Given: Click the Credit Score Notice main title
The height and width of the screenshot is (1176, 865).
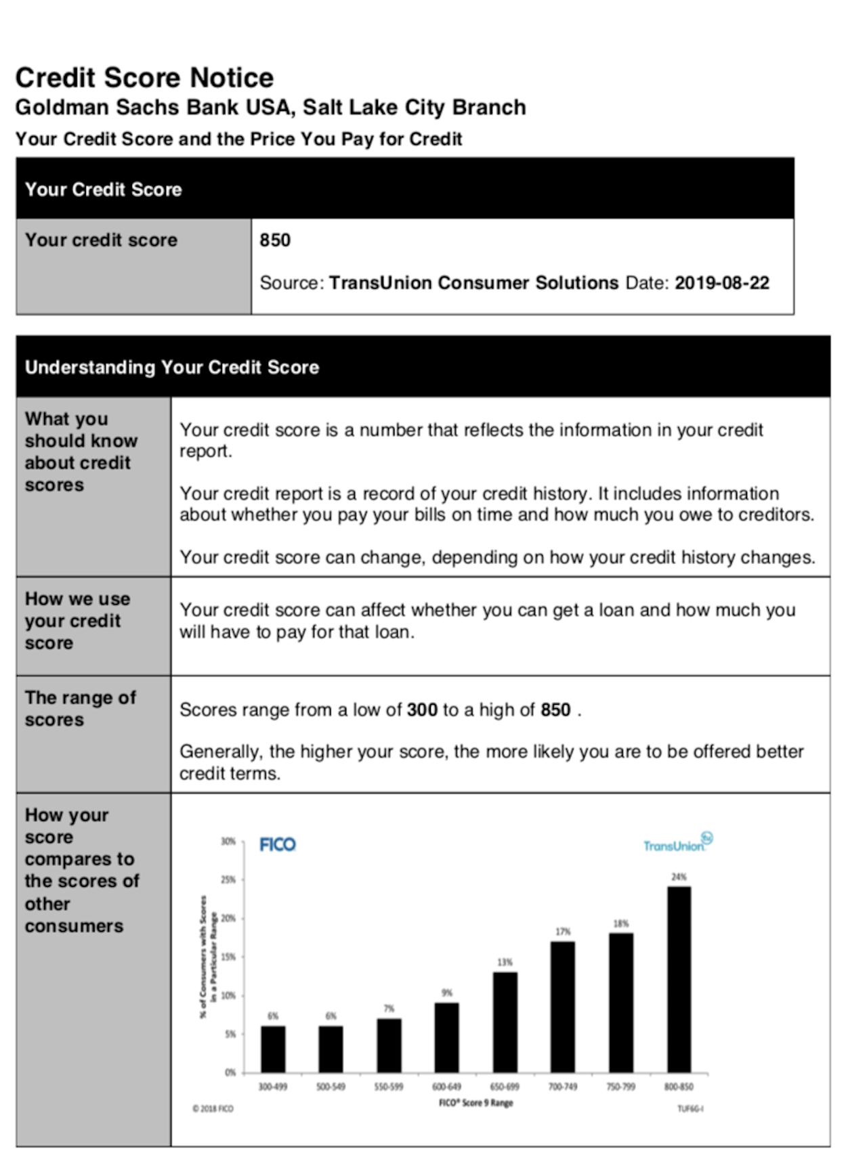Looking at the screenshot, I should pos(144,78).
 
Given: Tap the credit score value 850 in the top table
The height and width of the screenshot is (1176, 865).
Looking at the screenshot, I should pos(275,240).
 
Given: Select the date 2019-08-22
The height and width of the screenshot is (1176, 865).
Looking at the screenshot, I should pos(721,283).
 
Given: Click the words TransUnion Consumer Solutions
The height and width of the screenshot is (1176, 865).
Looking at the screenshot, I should pos(473,283).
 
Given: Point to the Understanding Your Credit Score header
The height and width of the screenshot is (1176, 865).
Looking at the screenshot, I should pos(172,367).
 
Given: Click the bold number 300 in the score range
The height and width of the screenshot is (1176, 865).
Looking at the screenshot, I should pos(422,710).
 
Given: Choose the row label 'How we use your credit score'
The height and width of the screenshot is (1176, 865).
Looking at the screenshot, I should pos(77,621).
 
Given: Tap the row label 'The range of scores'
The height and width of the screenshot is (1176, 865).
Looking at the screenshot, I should pos(80,708).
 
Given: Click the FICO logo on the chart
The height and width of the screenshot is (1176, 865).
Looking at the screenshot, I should pos(278,844).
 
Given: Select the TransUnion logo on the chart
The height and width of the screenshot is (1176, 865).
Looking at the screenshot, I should pos(677,844).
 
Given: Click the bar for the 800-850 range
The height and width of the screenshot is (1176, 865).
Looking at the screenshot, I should pos(679,979).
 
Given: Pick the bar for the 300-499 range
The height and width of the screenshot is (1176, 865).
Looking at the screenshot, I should pos(273,1049).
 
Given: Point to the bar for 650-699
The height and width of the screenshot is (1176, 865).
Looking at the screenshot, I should pos(505,1022).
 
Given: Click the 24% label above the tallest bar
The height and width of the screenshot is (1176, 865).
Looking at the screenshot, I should pos(679,877).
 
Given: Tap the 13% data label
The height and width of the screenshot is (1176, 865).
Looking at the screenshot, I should pos(505,962).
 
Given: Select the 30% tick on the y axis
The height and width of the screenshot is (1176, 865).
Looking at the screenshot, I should pos(228,842).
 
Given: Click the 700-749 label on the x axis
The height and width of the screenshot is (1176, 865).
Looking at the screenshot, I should pos(563,1087).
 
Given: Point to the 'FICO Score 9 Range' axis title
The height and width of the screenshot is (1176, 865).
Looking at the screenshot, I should pos(476,1103).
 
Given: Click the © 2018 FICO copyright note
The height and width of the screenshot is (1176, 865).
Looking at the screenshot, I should pos(213,1108).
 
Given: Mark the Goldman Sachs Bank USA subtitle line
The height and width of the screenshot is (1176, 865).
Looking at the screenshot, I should pos(270,108).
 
